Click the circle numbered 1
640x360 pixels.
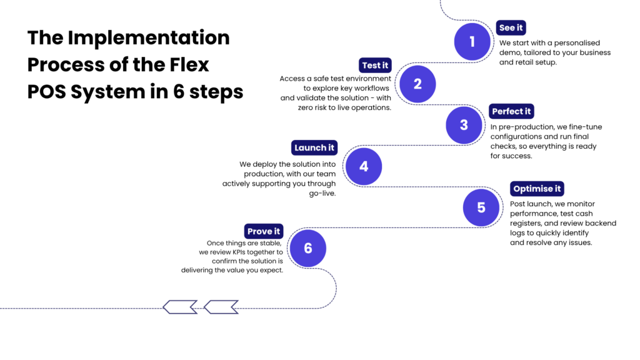(x=472, y=42)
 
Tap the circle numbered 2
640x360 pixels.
(x=417, y=84)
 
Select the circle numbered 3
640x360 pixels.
(x=464, y=125)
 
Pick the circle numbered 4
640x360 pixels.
(x=364, y=167)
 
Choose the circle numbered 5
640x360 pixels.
(x=481, y=207)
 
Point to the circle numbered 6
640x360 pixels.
(x=308, y=248)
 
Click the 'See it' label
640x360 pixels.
(x=511, y=27)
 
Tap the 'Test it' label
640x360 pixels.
(x=375, y=66)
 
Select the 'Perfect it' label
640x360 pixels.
(x=511, y=111)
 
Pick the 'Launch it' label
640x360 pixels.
(x=314, y=148)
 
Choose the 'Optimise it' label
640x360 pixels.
(x=537, y=189)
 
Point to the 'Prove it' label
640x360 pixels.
(x=264, y=231)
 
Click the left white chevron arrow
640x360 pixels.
(x=181, y=307)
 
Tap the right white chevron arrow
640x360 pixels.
(x=221, y=307)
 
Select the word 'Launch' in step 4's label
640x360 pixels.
(x=310, y=148)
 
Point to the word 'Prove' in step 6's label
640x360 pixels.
(x=259, y=231)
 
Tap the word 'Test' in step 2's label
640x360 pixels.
(x=371, y=66)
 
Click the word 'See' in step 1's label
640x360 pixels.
(x=507, y=27)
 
